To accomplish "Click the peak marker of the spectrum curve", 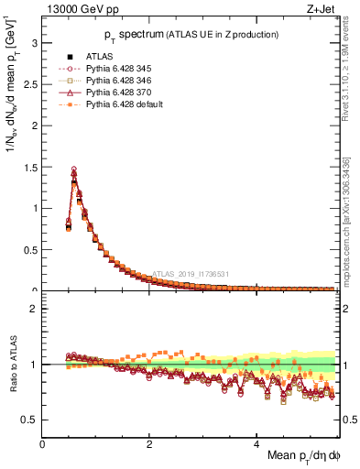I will [x=74, y=169].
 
